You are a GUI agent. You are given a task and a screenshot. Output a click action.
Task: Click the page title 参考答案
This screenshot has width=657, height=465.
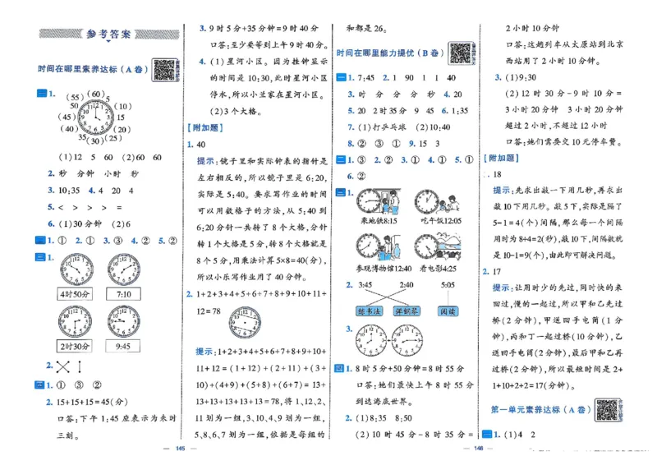click(x=108, y=35)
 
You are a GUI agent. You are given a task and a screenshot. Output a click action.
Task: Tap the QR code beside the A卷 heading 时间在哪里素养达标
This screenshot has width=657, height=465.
click(x=166, y=71)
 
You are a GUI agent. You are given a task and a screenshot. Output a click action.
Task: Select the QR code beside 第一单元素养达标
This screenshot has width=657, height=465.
click(x=607, y=408)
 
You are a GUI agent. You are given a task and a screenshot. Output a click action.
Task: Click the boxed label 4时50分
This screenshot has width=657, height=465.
click(x=76, y=293)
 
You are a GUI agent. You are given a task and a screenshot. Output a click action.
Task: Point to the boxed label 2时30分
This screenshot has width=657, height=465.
click(x=76, y=346)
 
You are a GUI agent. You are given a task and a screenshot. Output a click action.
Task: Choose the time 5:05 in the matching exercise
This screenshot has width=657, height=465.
click(x=448, y=285)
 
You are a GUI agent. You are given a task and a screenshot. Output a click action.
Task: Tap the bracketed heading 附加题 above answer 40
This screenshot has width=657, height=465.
click(x=205, y=127)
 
